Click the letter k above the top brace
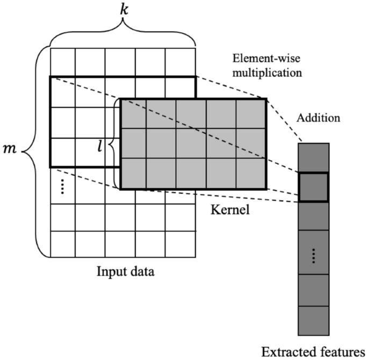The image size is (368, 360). (124, 9)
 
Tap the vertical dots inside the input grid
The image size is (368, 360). (62, 186)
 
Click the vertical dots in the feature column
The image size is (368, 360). (313, 258)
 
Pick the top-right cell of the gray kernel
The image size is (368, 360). (251, 114)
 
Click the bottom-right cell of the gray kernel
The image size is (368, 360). (251, 174)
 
